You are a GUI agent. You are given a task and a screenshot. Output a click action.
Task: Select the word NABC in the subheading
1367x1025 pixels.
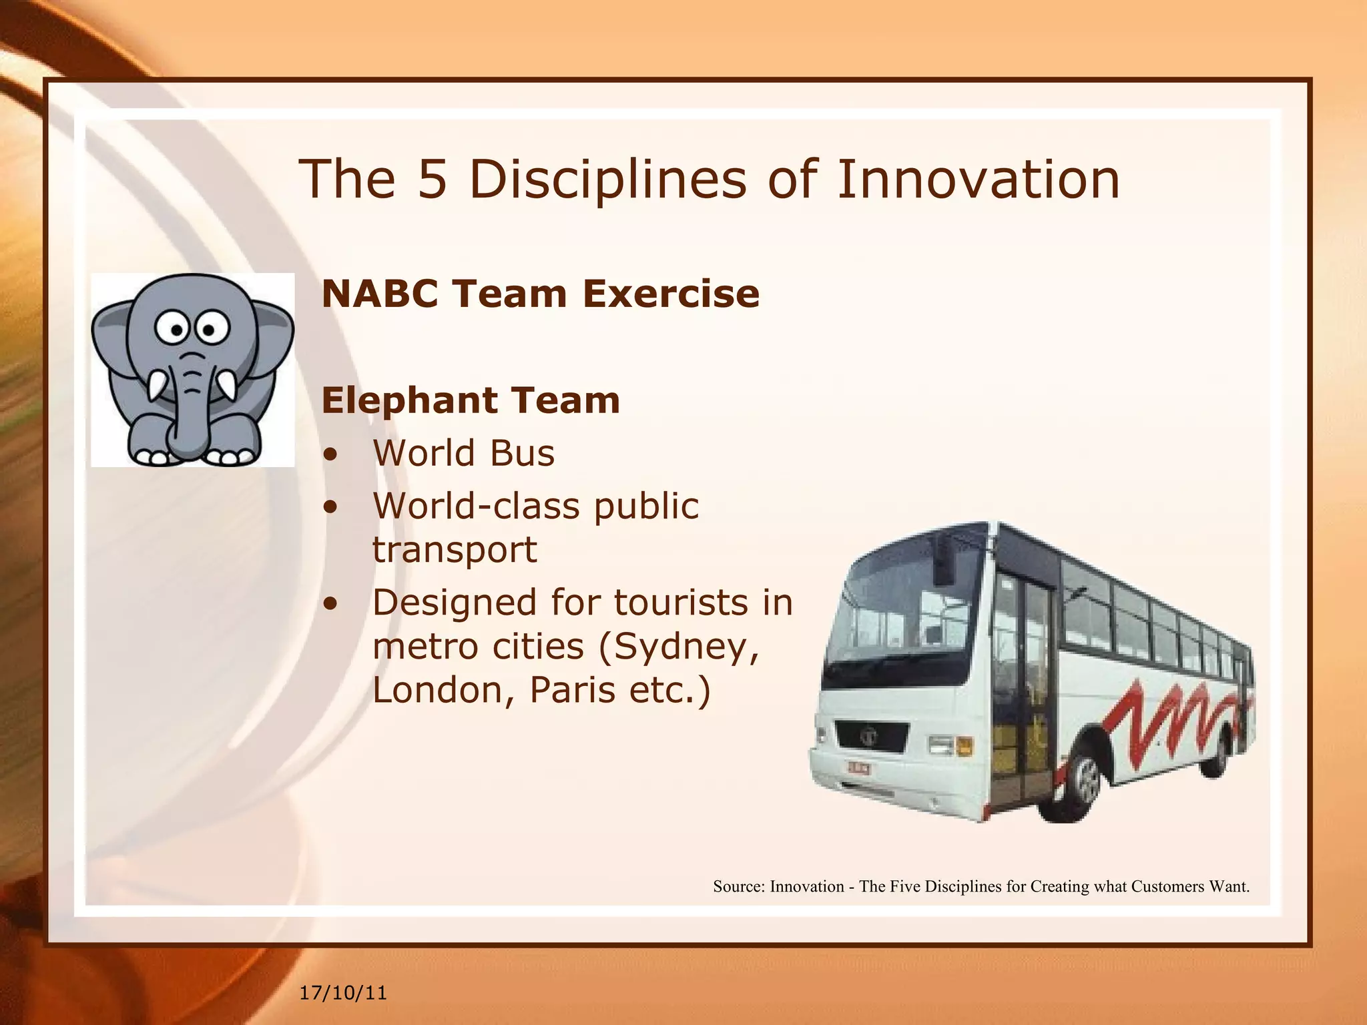[x=380, y=294]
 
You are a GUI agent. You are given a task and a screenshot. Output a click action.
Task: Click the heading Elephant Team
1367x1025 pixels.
[x=471, y=400]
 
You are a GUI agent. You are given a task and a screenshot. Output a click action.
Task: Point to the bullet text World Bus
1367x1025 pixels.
[x=463, y=453]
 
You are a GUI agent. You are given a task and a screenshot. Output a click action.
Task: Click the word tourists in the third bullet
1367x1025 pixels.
[x=673, y=603]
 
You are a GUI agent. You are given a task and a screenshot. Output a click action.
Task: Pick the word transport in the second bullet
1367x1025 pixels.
[x=455, y=549]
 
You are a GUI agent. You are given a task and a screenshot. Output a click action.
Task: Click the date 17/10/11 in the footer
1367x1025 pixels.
[x=343, y=993]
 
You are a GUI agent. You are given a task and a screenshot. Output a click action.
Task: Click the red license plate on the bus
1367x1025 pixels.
[x=858, y=768]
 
